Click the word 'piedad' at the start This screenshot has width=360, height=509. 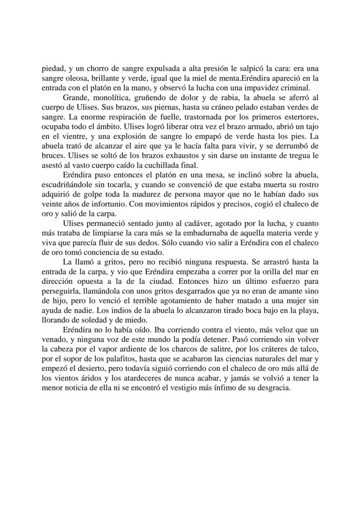click(52, 68)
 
